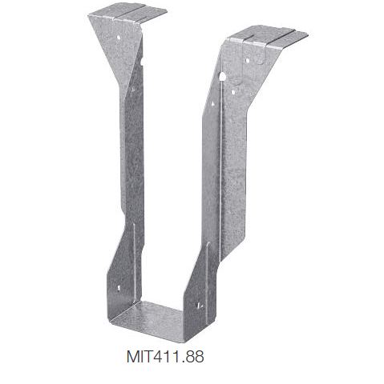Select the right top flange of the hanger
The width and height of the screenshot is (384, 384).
pyautogui.click(x=268, y=36)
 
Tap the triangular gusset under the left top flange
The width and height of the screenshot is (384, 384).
pyautogui.click(x=120, y=48)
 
